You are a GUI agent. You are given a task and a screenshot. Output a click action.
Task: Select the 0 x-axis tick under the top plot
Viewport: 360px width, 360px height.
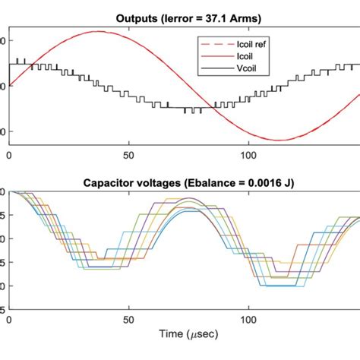[9, 156]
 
